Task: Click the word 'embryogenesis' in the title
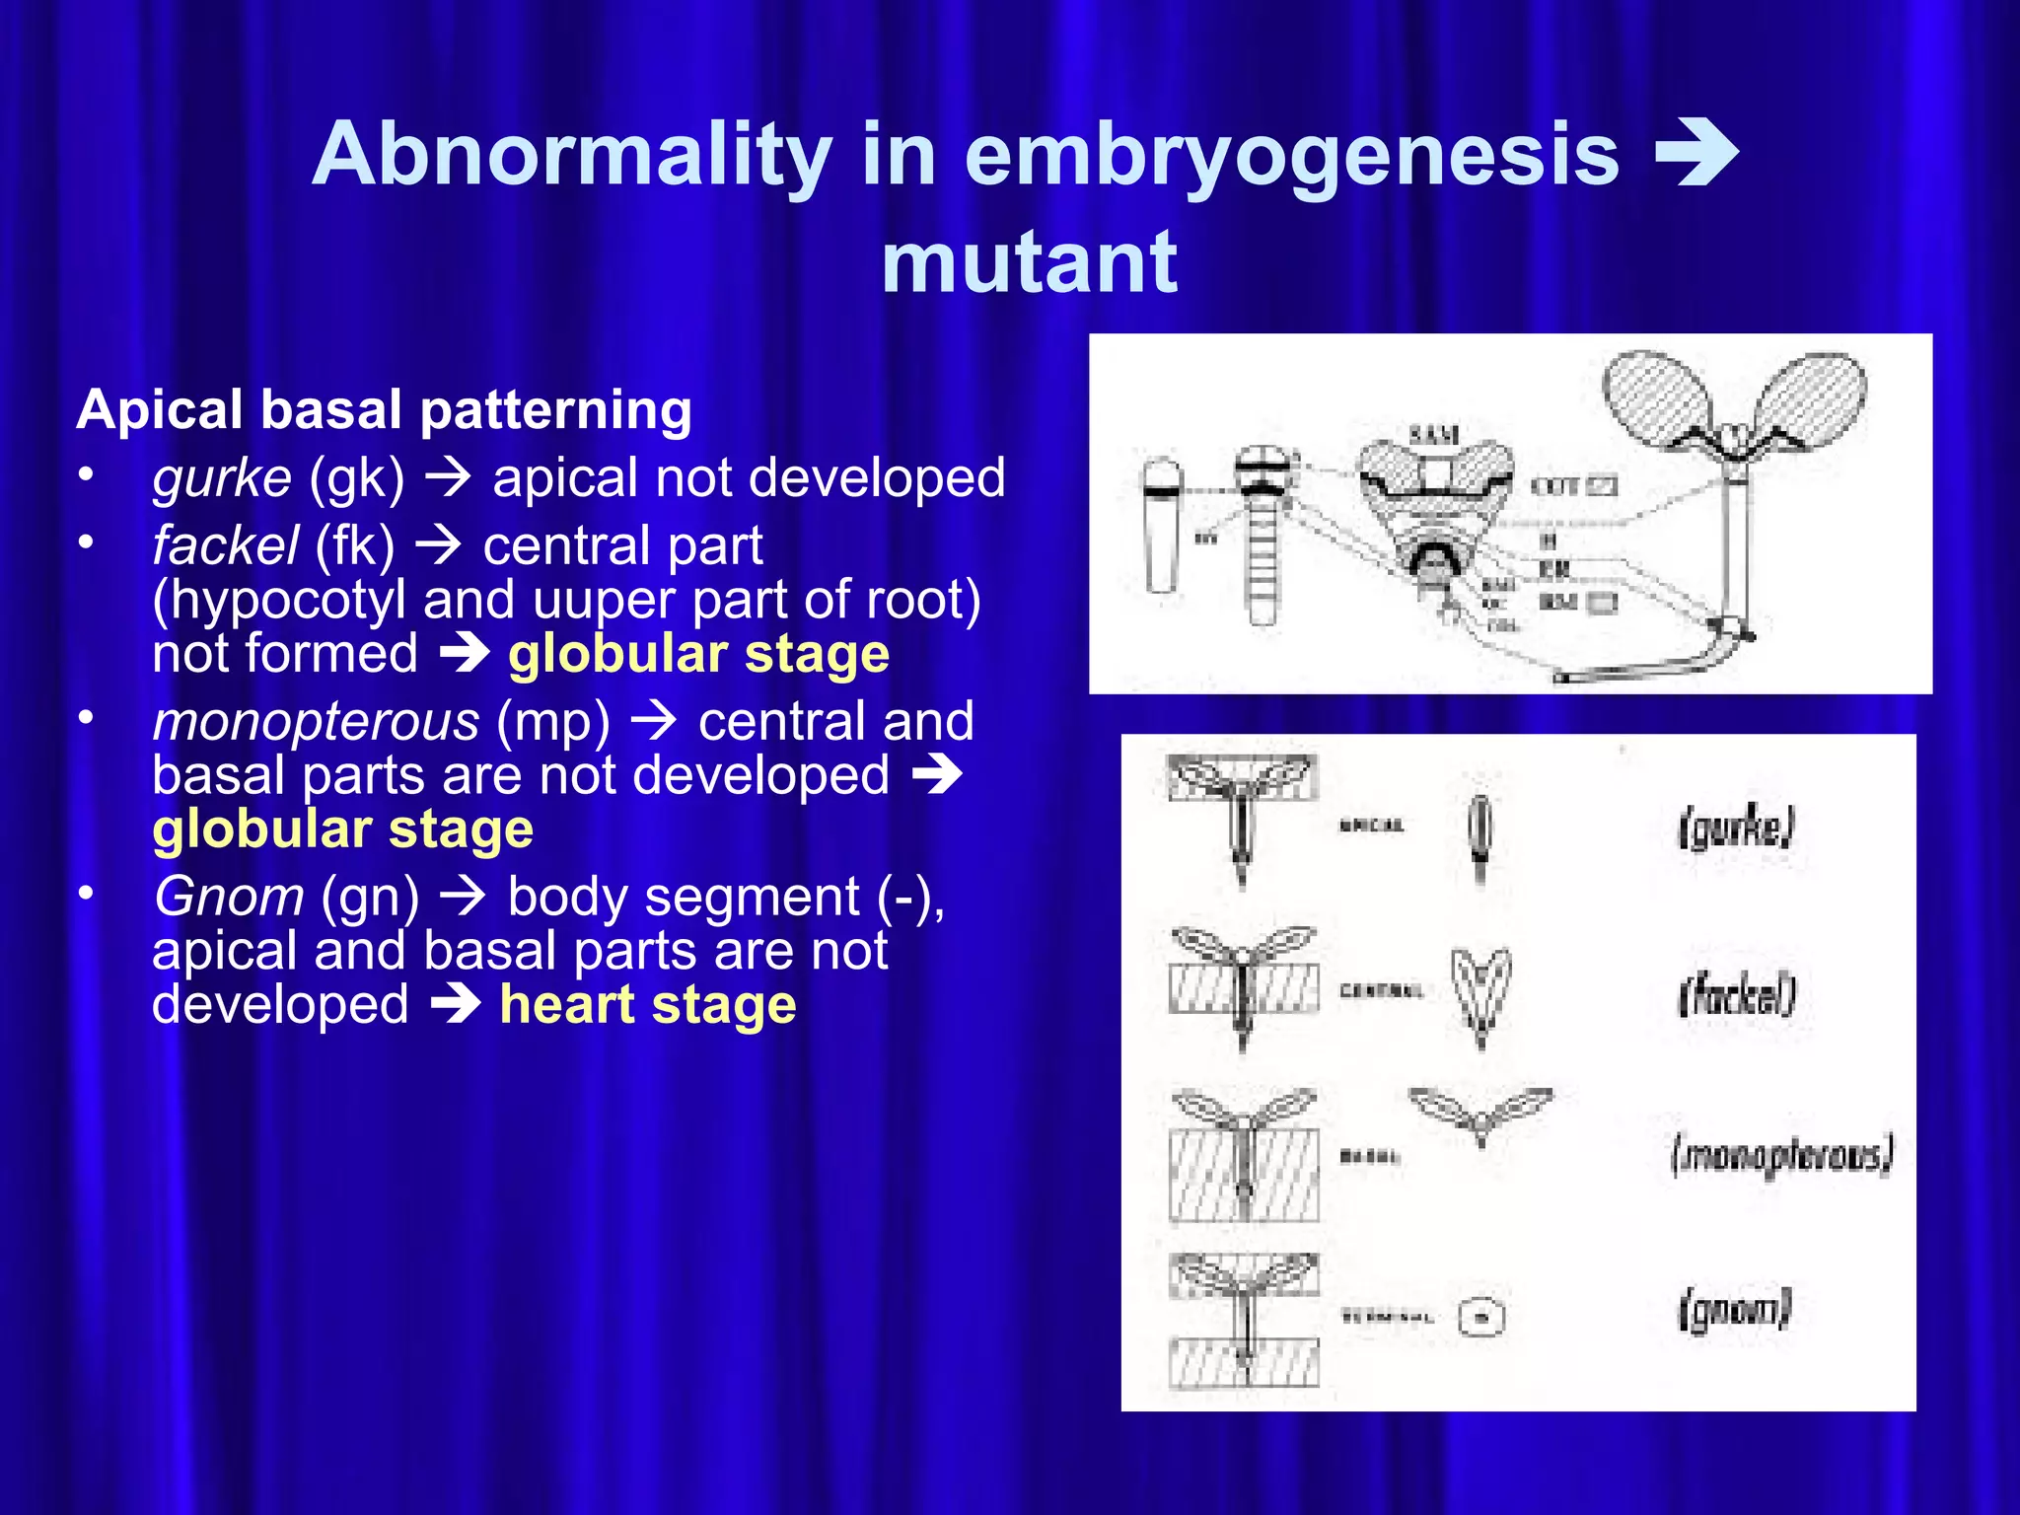(1291, 155)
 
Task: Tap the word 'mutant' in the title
(1029, 262)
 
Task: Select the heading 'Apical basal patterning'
(385, 409)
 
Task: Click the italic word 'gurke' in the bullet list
(222, 478)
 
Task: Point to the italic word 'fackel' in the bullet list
(225, 545)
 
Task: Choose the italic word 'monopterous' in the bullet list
(316, 721)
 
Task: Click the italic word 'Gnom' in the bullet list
(229, 897)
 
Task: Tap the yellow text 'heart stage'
(648, 1005)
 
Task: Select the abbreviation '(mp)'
(553, 721)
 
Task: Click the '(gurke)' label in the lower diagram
(1736, 828)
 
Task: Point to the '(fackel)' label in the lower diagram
(1737, 994)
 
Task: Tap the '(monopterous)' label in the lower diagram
(1781, 1154)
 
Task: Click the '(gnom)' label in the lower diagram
(1734, 1311)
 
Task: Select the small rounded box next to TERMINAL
(1480, 1318)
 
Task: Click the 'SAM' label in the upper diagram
(1434, 434)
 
